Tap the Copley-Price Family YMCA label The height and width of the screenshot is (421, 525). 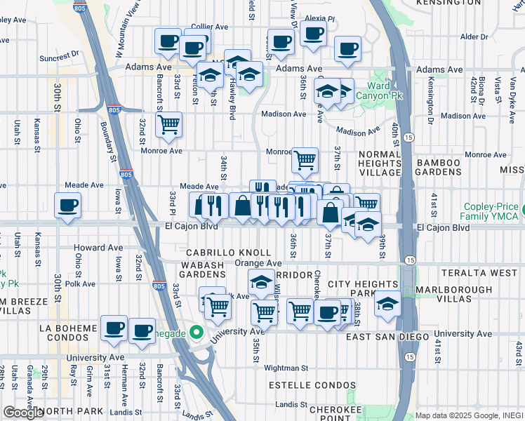point(493,213)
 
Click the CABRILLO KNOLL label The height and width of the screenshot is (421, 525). point(228,253)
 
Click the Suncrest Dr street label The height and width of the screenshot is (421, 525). point(60,56)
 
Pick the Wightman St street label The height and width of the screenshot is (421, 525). point(286,367)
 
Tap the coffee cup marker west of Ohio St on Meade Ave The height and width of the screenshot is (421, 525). point(67,206)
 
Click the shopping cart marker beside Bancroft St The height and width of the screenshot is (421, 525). point(168,125)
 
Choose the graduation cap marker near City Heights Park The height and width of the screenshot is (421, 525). point(387,303)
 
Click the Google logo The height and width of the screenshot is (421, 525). point(23,413)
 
